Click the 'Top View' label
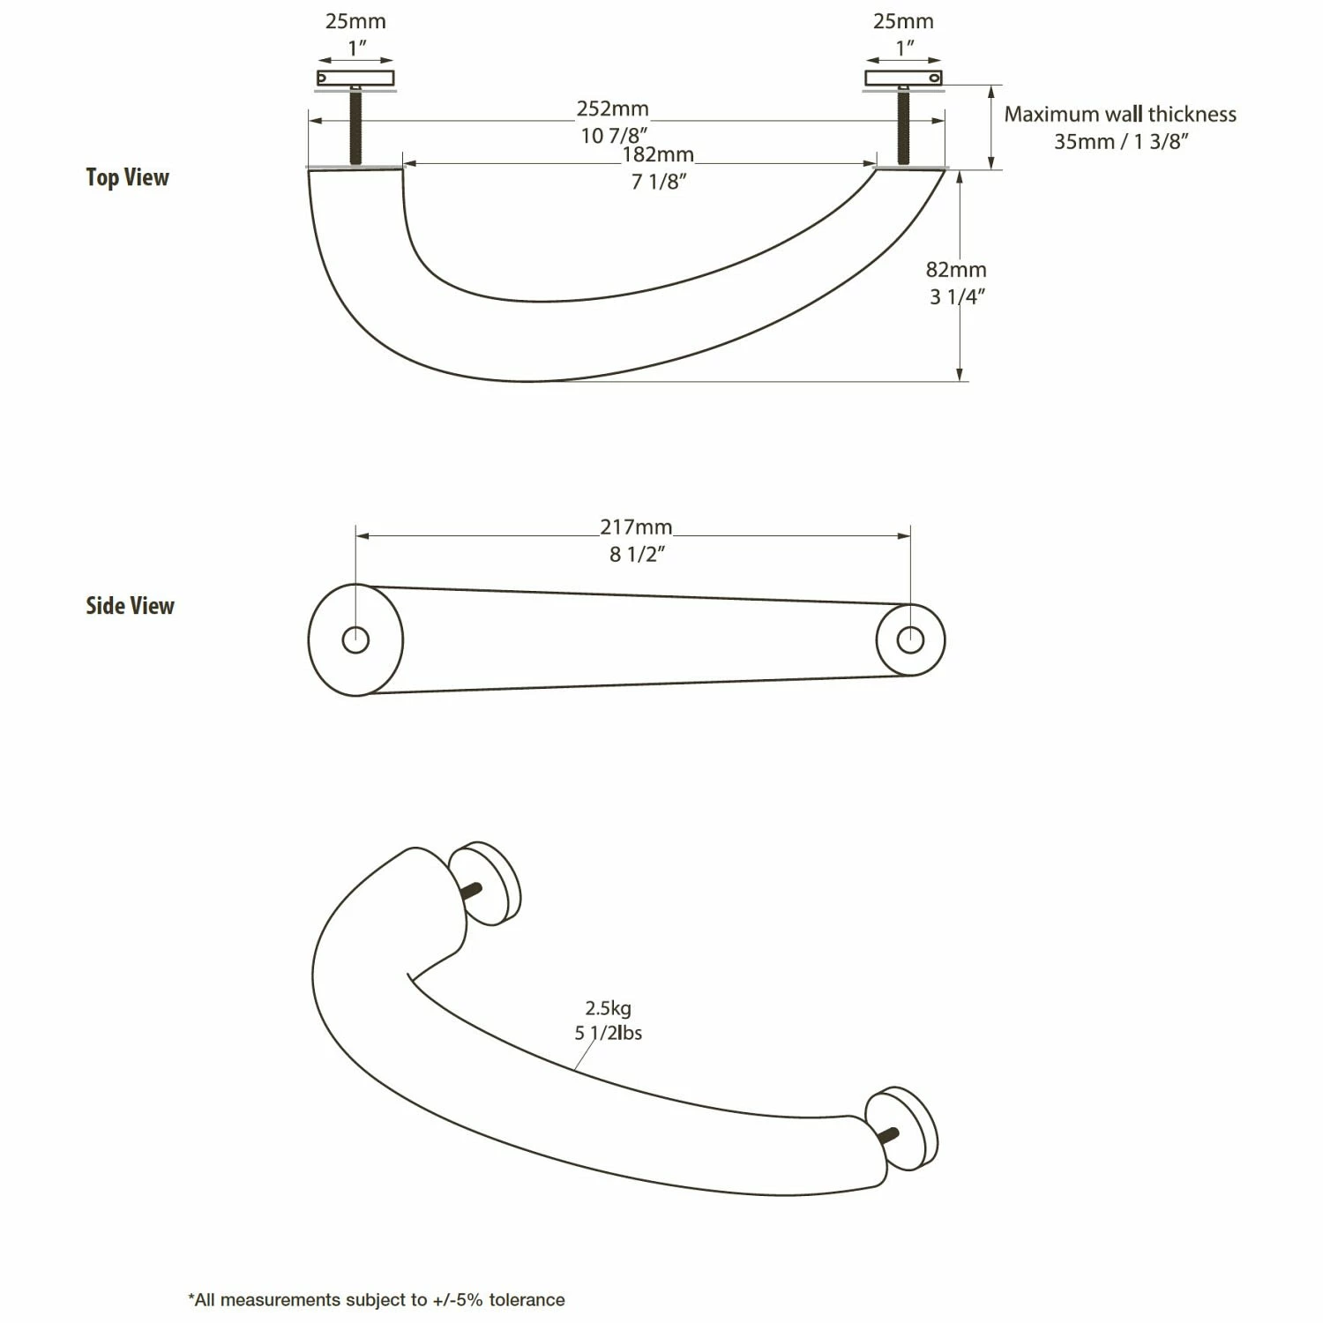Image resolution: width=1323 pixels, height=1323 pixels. [x=127, y=177]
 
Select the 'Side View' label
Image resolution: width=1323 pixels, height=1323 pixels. [x=130, y=606]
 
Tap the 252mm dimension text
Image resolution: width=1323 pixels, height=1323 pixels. [x=612, y=109]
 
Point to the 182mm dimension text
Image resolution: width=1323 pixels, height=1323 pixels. [x=658, y=155]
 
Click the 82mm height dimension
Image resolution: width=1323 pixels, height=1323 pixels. [x=956, y=270]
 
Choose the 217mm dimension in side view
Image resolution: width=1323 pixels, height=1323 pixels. [x=636, y=527]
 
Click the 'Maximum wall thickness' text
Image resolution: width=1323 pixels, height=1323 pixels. [x=1120, y=115]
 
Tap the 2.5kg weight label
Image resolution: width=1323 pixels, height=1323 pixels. [x=608, y=1008]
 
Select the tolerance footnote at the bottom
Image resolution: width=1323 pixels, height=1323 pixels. [x=377, y=1299]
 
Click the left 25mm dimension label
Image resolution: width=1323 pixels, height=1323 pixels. [x=355, y=21]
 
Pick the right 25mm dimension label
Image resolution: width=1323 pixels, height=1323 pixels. [x=903, y=21]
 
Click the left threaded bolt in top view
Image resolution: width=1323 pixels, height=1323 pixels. [x=355, y=128]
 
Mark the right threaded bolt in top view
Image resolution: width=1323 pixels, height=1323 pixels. [x=903, y=128]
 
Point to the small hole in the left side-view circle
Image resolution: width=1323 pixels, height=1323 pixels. [x=355, y=639]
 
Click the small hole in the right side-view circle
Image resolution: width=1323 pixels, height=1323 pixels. [x=910, y=639]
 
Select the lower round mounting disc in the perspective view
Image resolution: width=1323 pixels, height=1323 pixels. [x=903, y=1128]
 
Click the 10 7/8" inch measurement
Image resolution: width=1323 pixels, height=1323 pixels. [x=615, y=136]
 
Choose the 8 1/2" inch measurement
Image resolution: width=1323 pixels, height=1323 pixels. [x=637, y=555]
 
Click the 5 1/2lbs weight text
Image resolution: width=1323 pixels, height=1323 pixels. [x=609, y=1033]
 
